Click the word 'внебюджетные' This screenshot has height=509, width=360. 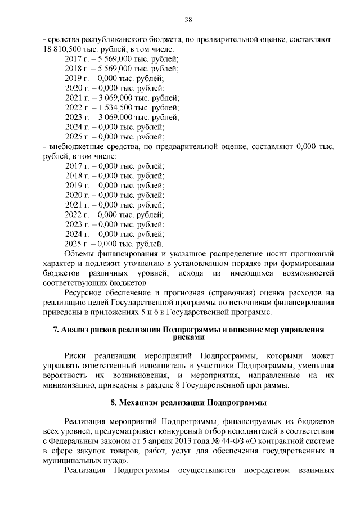coord(73,147)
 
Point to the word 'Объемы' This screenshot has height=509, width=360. coord(80,254)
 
